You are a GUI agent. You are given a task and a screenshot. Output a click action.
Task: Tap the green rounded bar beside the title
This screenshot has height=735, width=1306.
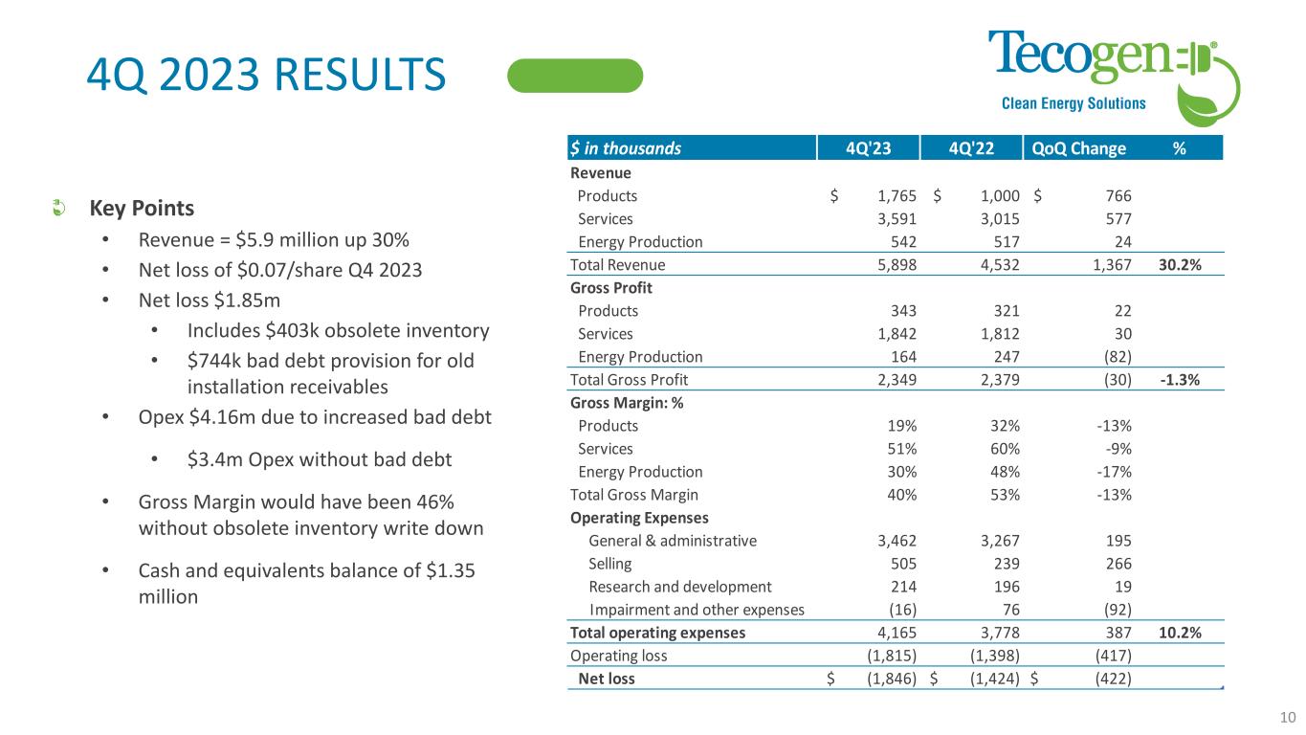(575, 76)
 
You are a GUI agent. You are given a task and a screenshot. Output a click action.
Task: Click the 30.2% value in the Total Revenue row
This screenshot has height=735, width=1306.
(1179, 265)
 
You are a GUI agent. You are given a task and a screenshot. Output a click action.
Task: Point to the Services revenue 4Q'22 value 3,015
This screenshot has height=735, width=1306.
(998, 219)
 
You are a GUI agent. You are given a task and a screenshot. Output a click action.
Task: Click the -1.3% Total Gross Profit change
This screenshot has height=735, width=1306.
(1180, 380)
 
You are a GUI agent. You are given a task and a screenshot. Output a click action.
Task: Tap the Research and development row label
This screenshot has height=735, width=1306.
(679, 587)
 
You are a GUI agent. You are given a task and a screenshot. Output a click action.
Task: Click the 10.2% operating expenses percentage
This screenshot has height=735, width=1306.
(1179, 633)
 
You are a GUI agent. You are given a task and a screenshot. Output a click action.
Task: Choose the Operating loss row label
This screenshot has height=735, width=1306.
(618, 656)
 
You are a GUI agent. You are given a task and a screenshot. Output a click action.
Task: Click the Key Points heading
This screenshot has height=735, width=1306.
(142, 209)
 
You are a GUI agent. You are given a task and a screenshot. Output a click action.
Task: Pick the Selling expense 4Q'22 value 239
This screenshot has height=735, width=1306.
(1003, 564)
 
